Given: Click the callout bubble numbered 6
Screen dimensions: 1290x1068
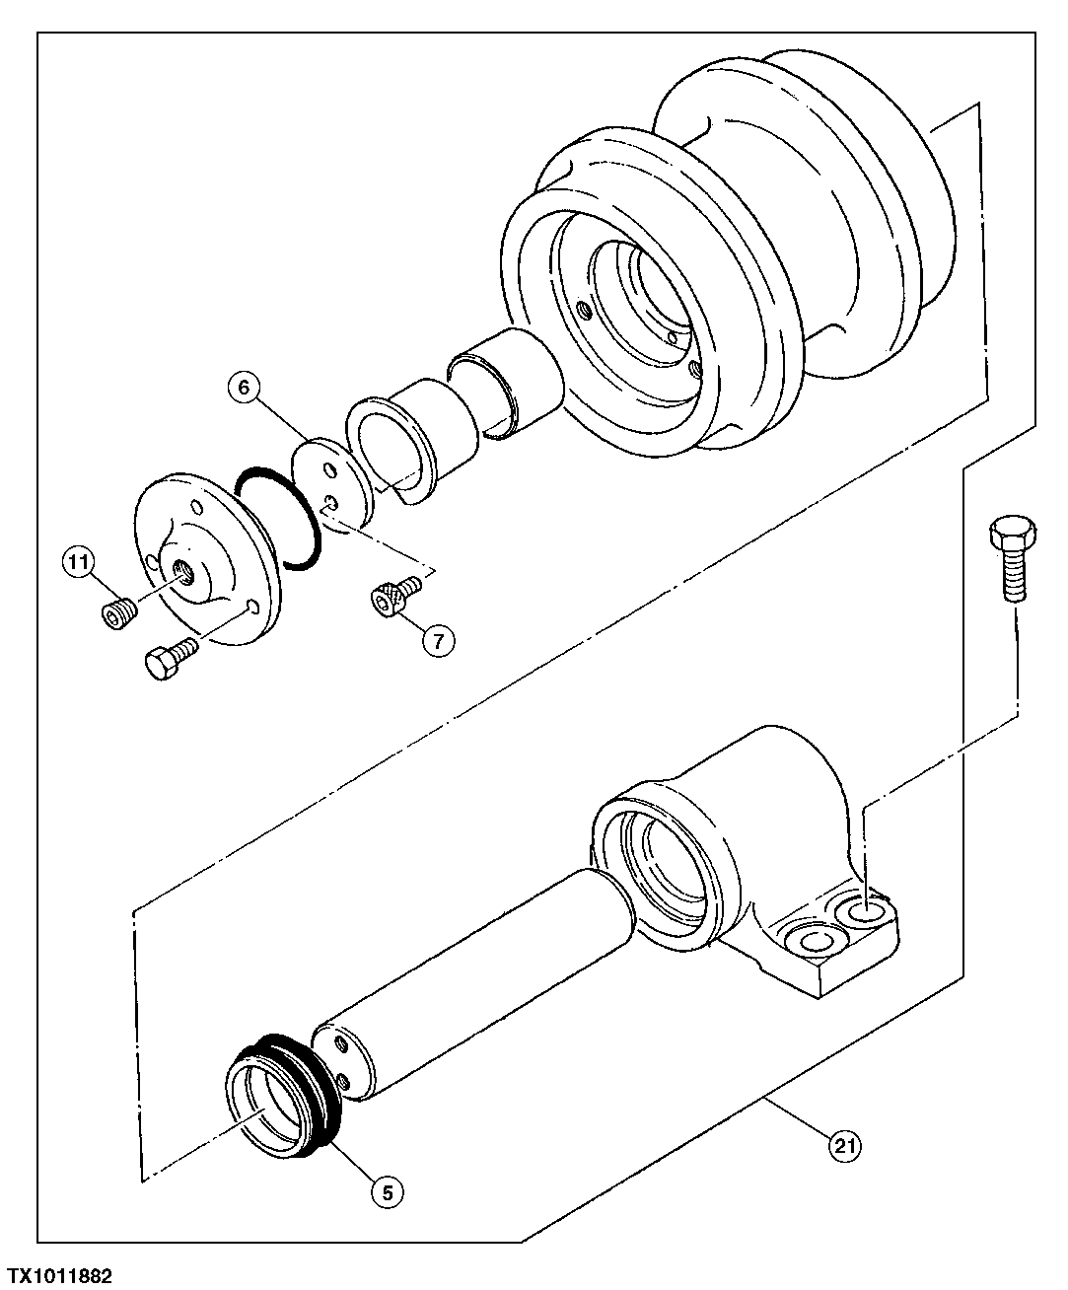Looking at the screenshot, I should [x=247, y=388].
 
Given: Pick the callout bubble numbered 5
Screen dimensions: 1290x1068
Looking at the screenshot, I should [x=387, y=1191].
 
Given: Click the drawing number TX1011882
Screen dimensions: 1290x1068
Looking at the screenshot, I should [x=59, y=1276].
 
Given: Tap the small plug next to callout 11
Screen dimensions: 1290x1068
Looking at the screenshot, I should [x=117, y=612].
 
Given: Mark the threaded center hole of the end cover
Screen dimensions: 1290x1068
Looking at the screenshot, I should [x=183, y=570].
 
